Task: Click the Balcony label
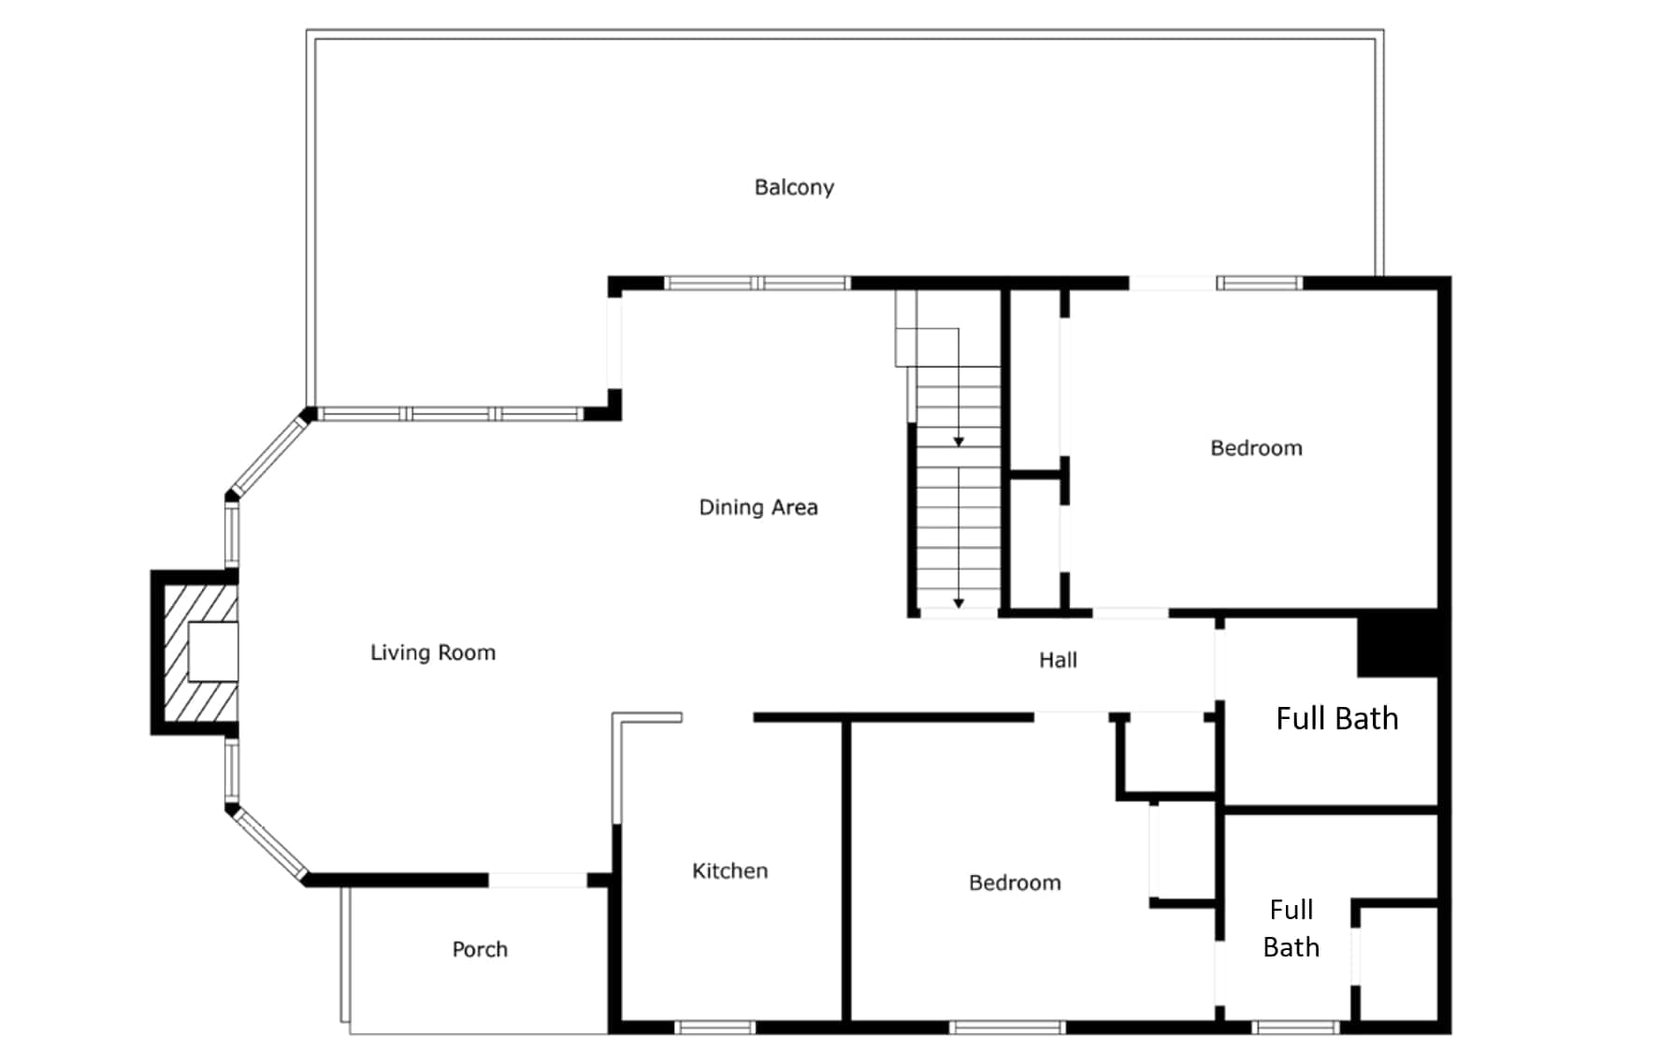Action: tap(794, 188)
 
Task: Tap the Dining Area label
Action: tap(758, 507)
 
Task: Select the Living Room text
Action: tap(433, 653)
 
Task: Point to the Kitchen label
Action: tap(729, 871)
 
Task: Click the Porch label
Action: tap(480, 949)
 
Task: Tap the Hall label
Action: tap(1058, 660)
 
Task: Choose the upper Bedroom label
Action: tap(1256, 448)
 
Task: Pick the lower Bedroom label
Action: tap(1015, 883)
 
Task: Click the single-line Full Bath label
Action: tap(1337, 718)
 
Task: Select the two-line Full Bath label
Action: tap(1291, 929)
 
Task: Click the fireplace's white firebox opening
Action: tap(213, 651)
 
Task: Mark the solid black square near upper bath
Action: tap(1397, 642)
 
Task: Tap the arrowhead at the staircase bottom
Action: tap(959, 604)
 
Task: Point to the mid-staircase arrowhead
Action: tap(959, 441)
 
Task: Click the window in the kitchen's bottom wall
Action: tap(714, 1028)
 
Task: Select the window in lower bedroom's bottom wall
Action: tap(1007, 1028)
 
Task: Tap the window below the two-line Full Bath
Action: tap(1295, 1028)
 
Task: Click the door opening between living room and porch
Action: tap(538, 880)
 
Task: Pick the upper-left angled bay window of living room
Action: tap(267, 454)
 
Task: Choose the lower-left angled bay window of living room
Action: tap(267, 842)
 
